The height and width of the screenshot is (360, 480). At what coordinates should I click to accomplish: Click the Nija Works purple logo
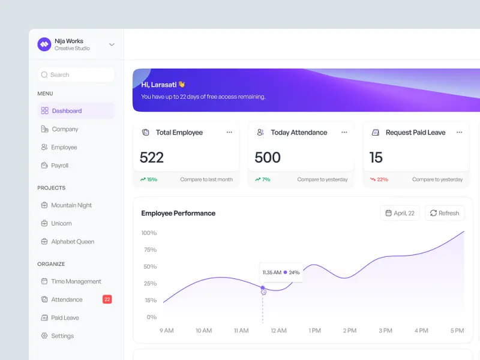(x=44, y=44)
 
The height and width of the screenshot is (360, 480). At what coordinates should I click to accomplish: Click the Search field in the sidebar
(x=76, y=75)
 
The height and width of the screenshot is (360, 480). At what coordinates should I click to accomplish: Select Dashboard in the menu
(x=67, y=111)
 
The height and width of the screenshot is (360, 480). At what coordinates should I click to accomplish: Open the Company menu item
(x=65, y=129)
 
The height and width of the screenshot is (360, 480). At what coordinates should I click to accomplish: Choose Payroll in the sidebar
(x=59, y=166)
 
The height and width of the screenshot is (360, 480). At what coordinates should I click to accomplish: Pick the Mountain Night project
(x=71, y=205)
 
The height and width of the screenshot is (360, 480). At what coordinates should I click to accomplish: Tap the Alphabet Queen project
(x=73, y=242)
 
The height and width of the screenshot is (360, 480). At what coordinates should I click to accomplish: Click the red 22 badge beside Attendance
(x=107, y=299)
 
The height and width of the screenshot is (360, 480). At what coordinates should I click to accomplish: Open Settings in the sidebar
(x=62, y=336)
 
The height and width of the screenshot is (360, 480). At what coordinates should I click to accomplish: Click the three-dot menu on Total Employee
(x=229, y=133)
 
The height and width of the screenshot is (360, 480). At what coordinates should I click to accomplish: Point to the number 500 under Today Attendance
(x=268, y=158)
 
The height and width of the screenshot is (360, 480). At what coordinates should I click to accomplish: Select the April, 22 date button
(x=400, y=213)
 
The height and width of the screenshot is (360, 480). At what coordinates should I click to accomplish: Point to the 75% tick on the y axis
(x=149, y=250)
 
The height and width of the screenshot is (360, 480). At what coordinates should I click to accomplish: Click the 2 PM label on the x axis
(x=350, y=331)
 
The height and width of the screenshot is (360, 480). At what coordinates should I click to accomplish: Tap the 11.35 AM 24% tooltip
(x=281, y=272)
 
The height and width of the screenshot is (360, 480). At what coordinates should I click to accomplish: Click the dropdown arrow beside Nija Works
(x=112, y=44)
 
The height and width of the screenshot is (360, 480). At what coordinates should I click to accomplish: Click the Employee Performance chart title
(x=178, y=213)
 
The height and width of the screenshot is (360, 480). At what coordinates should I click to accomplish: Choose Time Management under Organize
(x=76, y=281)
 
